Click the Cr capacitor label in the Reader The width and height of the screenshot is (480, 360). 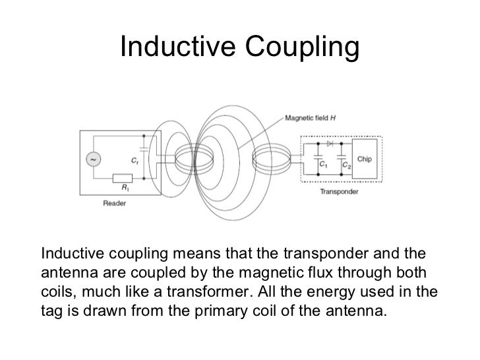pyautogui.click(x=134, y=160)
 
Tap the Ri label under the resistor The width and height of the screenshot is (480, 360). pyautogui.click(x=123, y=189)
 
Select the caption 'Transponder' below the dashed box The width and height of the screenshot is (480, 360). pyautogui.click(x=339, y=193)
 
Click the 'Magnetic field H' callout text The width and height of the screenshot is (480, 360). pyautogui.click(x=310, y=118)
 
